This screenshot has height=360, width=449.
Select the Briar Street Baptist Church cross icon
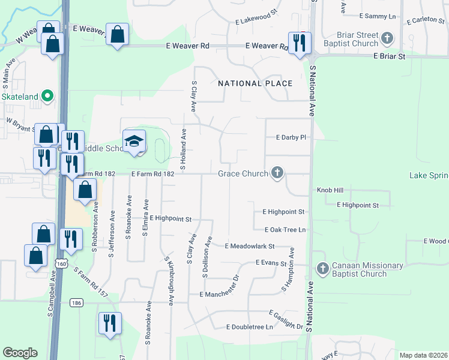(x=388, y=39)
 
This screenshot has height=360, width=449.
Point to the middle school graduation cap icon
(x=134, y=142)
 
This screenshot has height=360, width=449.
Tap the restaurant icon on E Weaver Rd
(x=299, y=43)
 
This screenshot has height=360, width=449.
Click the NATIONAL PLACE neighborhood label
(x=255, y=83)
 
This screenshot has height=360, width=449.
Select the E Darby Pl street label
(x=291, y=137)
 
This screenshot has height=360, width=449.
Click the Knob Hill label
(x=330, y=190)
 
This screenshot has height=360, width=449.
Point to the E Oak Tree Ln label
(x=285, y=230)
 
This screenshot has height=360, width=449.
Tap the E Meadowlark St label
(x=249, y=246)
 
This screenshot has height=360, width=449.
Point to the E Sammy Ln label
(x=378, y=16)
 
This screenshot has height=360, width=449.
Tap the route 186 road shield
(x=75, y=302)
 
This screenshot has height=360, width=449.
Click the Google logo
(x=20, y=353)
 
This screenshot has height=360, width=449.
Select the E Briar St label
(x=390, y=56)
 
